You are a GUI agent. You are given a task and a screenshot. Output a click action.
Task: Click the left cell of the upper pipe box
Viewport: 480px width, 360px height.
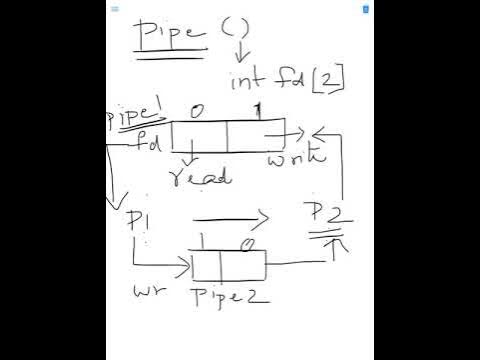(200, 134)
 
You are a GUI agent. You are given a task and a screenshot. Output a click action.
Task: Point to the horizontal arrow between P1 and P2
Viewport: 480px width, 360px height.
(230, 218)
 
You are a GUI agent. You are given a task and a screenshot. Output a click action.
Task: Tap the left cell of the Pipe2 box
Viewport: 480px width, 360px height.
(207, 266)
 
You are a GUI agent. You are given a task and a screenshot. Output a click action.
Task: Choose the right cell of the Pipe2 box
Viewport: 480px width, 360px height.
(244, 266)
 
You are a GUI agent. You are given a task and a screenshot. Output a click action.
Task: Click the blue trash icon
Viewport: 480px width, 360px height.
(366, 8)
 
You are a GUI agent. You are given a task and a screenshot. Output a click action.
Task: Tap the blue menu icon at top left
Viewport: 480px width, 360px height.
(116, 8)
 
